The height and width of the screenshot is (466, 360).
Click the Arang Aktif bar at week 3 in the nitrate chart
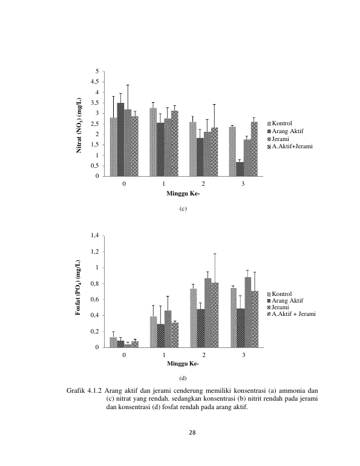click(240, 169)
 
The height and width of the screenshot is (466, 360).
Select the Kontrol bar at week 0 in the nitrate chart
click(114, 147)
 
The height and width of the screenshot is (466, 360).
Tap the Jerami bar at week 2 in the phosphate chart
click(208, 313)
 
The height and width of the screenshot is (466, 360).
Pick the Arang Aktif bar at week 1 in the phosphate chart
click(161, 335)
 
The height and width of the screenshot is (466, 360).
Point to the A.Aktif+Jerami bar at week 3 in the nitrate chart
click(254, 149)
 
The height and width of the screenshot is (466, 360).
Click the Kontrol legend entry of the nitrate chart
click(280, 123)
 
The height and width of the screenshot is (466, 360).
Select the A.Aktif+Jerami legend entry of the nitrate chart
click(290, 146)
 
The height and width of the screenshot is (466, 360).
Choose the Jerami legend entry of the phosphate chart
click(278, 307)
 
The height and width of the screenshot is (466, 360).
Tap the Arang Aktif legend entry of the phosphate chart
click(286, 300)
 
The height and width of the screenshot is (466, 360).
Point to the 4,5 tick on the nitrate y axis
click(95, 82)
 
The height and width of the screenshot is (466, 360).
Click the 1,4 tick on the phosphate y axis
click(95, 235)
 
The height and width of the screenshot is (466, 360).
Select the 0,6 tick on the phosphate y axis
click(95, 300)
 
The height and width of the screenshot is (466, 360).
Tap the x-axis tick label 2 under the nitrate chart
click(203, 184)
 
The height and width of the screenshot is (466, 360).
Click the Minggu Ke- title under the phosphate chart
click(183, 364)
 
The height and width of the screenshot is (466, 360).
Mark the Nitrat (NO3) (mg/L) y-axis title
click(79, 126)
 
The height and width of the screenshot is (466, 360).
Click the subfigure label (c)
click(183, 209)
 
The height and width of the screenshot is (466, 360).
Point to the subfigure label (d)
click(183, 378)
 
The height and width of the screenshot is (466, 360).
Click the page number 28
click(192, 433)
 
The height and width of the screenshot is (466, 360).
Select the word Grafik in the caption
click(76, 390)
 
